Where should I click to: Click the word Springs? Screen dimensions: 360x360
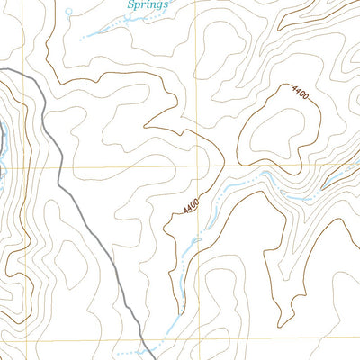(148, 4)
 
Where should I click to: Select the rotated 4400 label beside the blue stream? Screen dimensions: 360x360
(190, 207)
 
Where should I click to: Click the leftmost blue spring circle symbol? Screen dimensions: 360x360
(69, 12)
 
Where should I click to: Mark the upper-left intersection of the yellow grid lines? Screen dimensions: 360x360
(26, 167)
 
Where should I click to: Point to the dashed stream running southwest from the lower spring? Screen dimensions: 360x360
(99, 33)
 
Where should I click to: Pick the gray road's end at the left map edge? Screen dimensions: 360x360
(2, 70)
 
